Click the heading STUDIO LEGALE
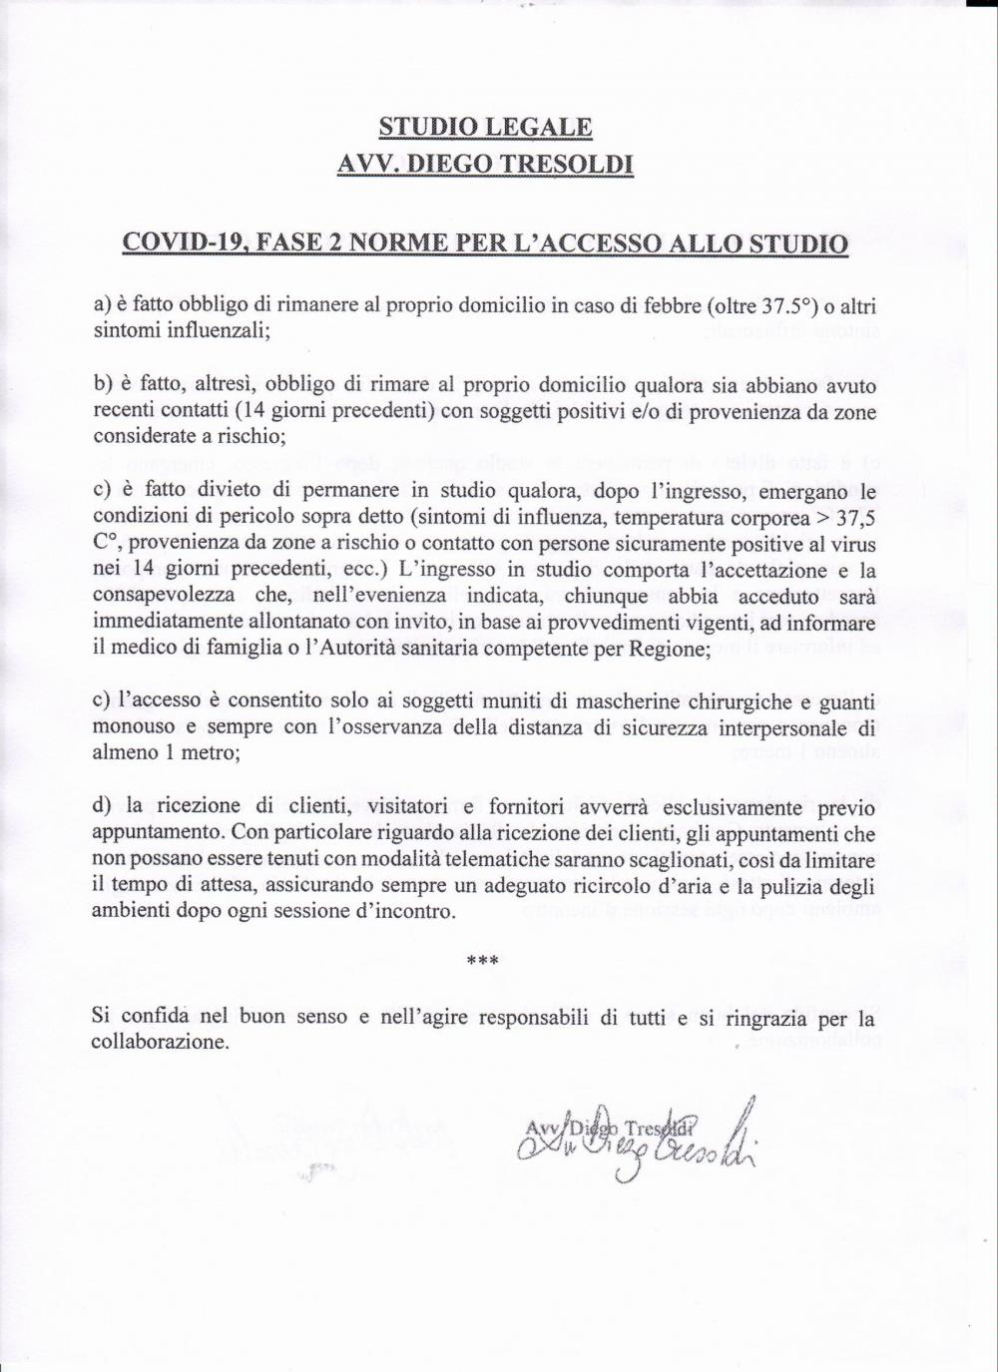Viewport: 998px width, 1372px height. pyautogui.click(x=485, y=128)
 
